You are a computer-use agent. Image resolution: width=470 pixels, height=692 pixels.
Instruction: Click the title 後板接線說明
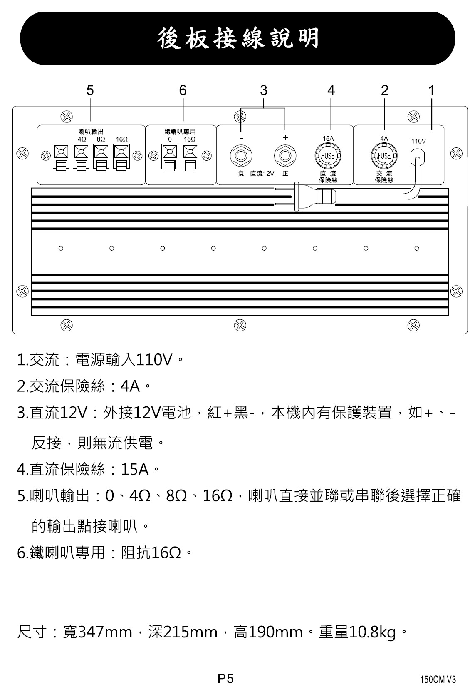click(238, 38)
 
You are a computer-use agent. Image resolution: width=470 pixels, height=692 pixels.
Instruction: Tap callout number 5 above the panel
click(90, 90)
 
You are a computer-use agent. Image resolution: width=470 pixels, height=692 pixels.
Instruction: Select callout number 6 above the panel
click(183, 90)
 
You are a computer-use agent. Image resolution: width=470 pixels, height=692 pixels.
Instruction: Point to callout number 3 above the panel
click(263, 90)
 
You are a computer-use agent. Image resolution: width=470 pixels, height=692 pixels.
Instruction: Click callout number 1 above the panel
click(431, 90)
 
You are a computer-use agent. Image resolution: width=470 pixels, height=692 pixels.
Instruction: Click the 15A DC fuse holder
click(328, 156)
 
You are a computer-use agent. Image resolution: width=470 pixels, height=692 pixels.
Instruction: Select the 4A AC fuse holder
click(384, 156)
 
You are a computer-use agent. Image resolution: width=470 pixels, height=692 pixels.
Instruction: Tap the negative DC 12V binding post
click(241, 155)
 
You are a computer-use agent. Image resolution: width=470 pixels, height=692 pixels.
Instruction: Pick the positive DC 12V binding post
click(285, 155)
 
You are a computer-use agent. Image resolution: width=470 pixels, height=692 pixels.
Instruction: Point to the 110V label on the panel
click(418, 141)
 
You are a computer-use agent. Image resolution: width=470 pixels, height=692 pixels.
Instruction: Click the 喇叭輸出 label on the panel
click(91, 132)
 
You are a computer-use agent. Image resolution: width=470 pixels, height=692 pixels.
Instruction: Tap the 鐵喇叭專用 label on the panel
click(181, 132)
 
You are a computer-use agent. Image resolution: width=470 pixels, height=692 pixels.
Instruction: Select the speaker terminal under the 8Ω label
click(101, 157)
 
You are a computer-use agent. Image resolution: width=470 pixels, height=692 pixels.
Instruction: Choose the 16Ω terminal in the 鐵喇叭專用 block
click(190, 157)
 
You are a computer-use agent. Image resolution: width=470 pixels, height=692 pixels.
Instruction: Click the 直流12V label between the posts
click(262, 174)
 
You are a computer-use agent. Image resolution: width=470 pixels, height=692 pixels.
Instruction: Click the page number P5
click(225, 679)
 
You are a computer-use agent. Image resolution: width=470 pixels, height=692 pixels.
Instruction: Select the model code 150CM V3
click(438, 680)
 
